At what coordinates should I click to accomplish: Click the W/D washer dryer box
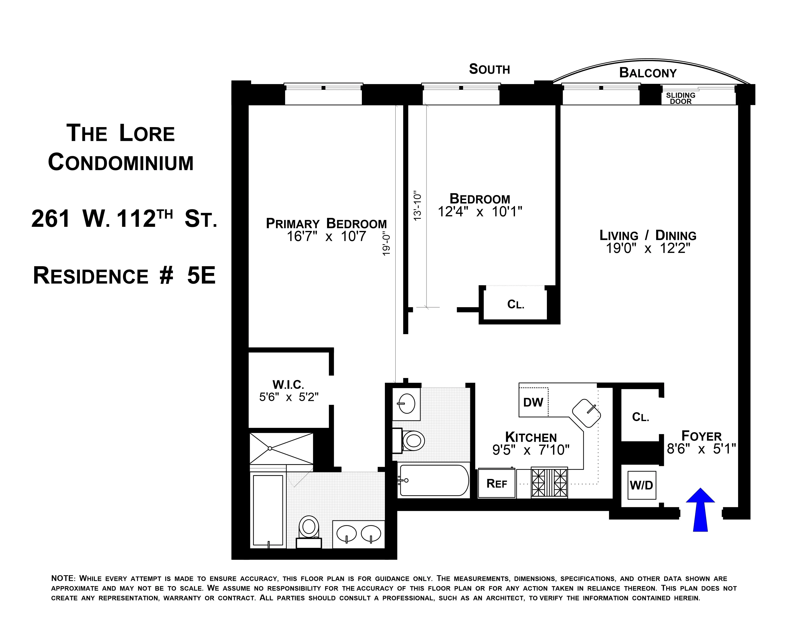pyautogui.click(x=641, y=486)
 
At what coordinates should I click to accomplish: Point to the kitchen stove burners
pyautogui.click(x=549, y=482)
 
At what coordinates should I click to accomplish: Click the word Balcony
pyautogui.click(x=648, y=73)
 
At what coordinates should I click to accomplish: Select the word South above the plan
pyautogui.click(x=489, y=69)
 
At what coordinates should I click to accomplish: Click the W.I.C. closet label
pyautogui.click(x=288, y=385)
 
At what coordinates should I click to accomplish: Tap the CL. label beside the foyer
pyautogui.click(x=641, y=417)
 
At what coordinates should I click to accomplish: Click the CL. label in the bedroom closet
pyautogui.click(x=515, y=304)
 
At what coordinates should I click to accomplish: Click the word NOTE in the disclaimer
pyautogui.click(x=63, y=578)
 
